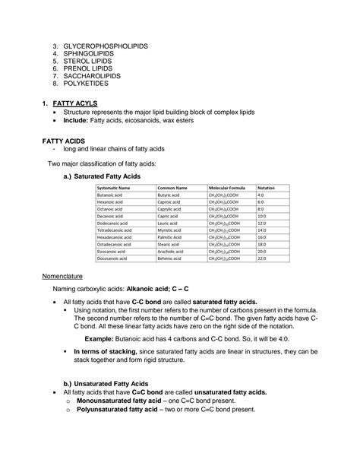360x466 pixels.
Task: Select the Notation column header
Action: [x=267, y=187]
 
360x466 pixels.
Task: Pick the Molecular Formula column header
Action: [x=226, y=187]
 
